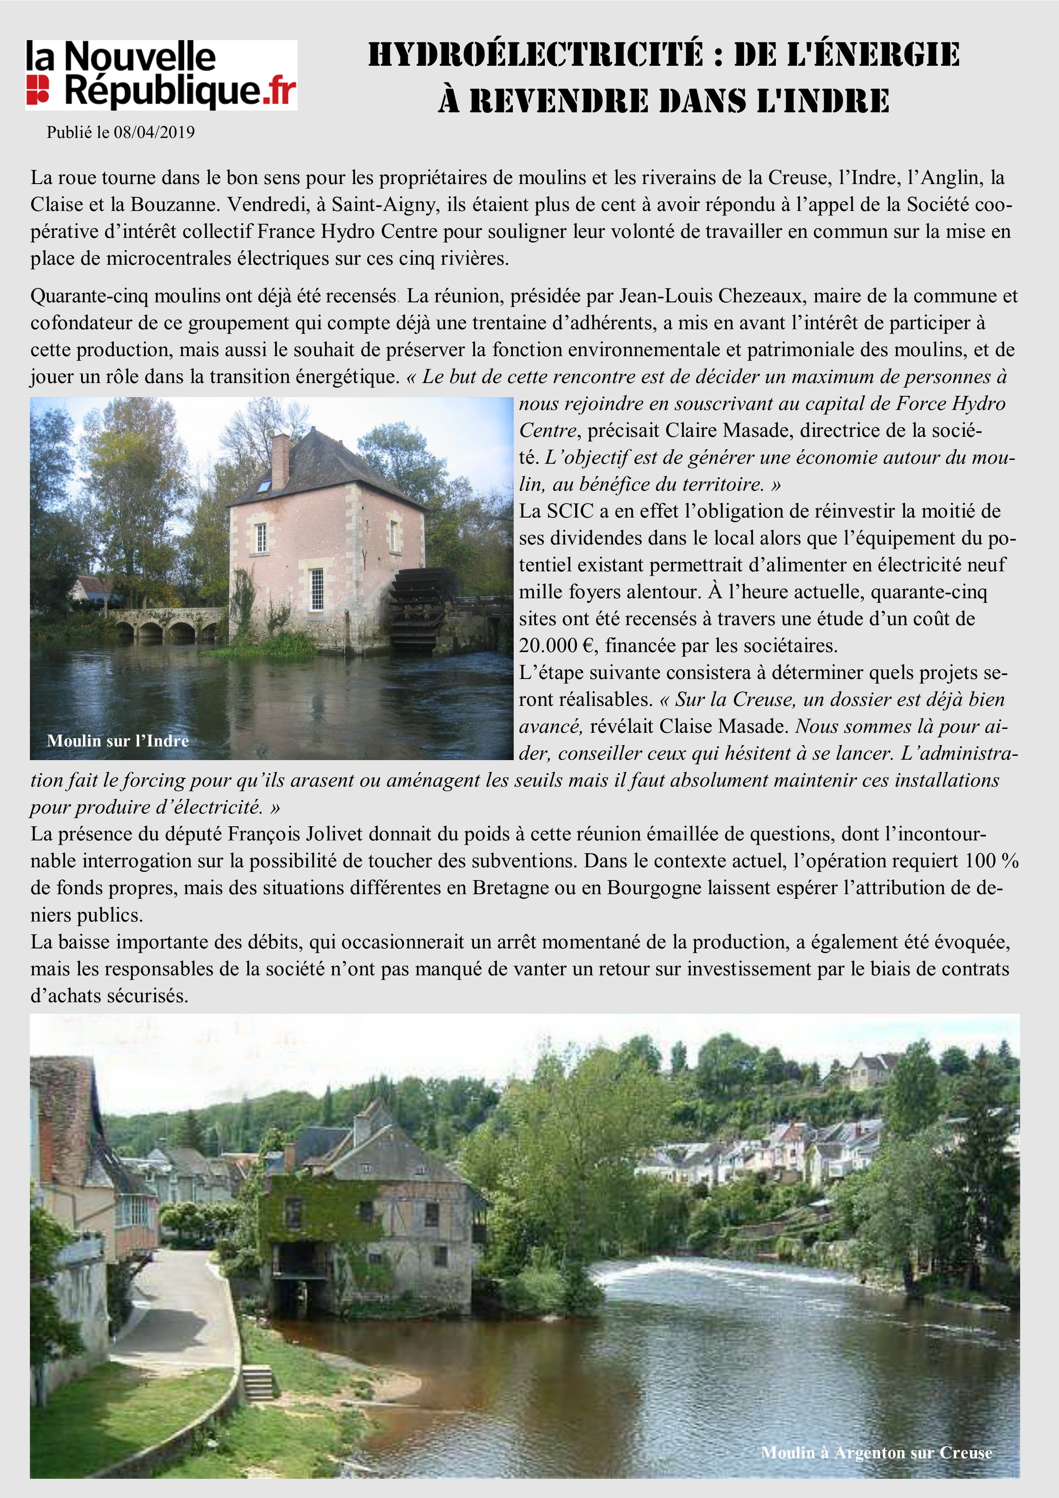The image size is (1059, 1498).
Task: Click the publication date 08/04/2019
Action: pos(154,132)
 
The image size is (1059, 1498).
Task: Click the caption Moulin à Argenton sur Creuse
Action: pos(876,1452)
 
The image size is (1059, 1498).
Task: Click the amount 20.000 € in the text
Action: pos(559,646)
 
